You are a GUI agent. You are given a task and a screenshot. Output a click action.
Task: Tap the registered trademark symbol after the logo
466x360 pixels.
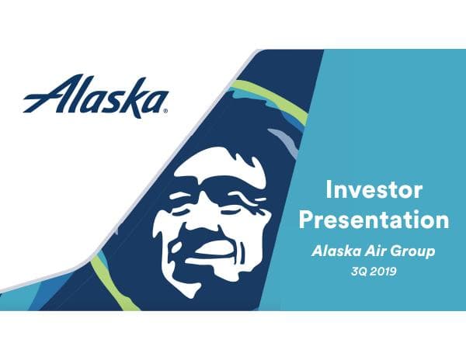[x=165, y=110]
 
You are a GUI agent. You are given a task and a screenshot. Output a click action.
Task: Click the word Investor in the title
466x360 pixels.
[x=374, y=190]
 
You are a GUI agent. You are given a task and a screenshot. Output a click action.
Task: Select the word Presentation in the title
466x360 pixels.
[x=374, y=220]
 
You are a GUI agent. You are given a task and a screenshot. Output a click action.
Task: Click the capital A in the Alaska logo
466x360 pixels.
[x=40, y=96]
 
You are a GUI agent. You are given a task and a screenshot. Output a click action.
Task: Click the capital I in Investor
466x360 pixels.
[x=329, y=190]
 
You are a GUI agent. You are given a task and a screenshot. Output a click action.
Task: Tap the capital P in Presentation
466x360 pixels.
[x=308, y=220]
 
